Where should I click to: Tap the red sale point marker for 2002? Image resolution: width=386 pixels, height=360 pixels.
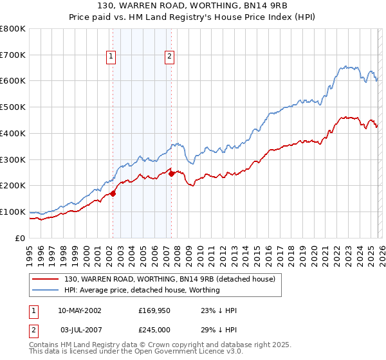pos(113,193)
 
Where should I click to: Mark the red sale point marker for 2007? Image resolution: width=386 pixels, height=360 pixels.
pos(171,174)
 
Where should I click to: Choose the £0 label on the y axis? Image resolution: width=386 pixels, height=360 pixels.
pos(21,238)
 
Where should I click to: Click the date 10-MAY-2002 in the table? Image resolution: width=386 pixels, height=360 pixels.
pos(78,310)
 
